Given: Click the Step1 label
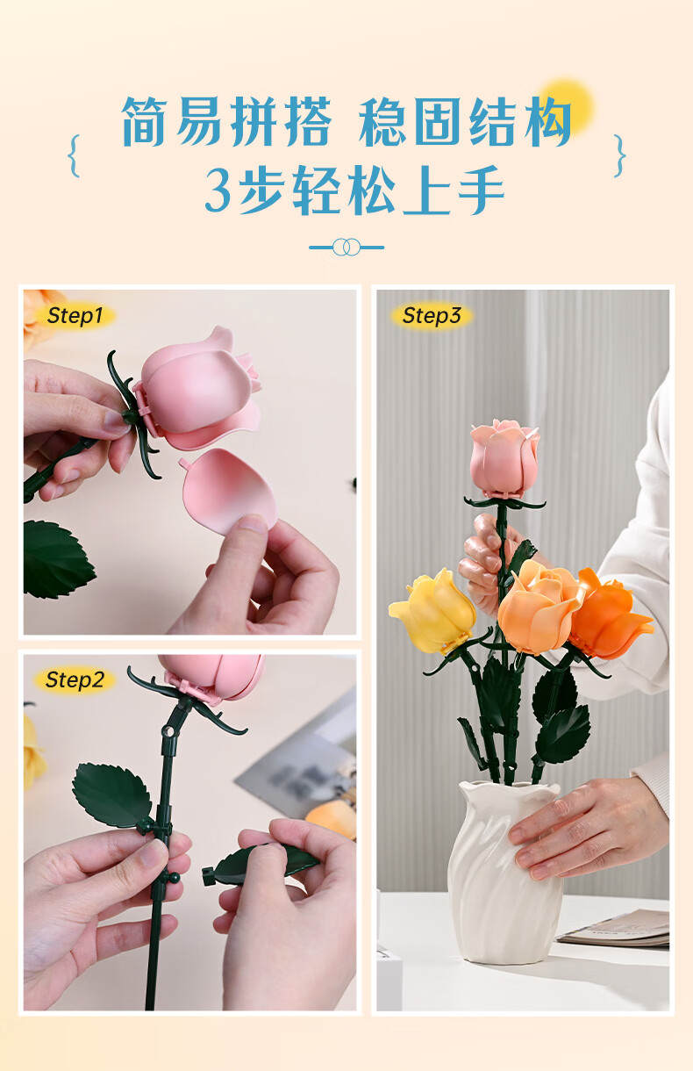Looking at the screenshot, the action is pyautogui.click(x=75, y=315).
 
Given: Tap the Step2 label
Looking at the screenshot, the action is pyautogui.click(x=75, y=679).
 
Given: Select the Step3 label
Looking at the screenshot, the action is pyautogui.click(x=431, y=315).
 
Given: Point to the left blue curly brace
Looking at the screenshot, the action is pyautogui.click(x=74, y=156).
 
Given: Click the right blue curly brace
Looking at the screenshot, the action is pyautogui.click(x=619, y=156).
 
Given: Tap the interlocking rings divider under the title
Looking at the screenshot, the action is pyautogui.click(x=346, y=248).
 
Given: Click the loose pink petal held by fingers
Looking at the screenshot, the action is pyautogui.click(x=228, y=491).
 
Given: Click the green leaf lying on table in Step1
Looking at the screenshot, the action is pyautogui.click(x=55, y=559).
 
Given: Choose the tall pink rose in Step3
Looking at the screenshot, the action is pyautogui.click(x=504, y=458).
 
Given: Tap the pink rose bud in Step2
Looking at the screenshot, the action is pyautogui.click(x=212, y=675).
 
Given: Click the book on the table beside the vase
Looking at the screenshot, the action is pyautogui.click(x=614, y=929).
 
